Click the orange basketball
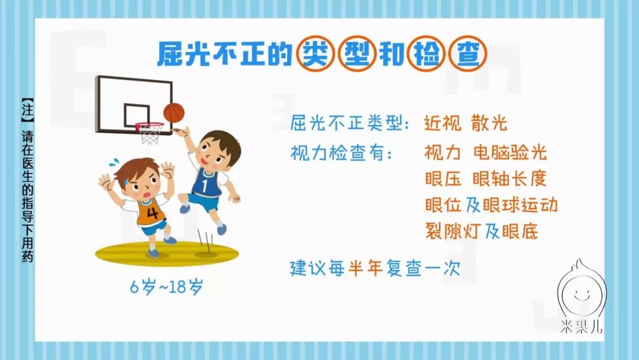click(174, 112)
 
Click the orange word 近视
click(443, 123)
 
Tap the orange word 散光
click(489, 123)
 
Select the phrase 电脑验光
click(510, 153)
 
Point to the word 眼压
click(443, 179)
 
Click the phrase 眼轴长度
click(509, 179)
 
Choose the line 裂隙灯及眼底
click(482, 231)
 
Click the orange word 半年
click(366, 268)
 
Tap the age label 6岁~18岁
click(166, 287)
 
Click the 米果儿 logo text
click(581, 327)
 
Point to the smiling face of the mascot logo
click(582, 292)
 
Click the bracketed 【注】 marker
click(27, 110)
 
